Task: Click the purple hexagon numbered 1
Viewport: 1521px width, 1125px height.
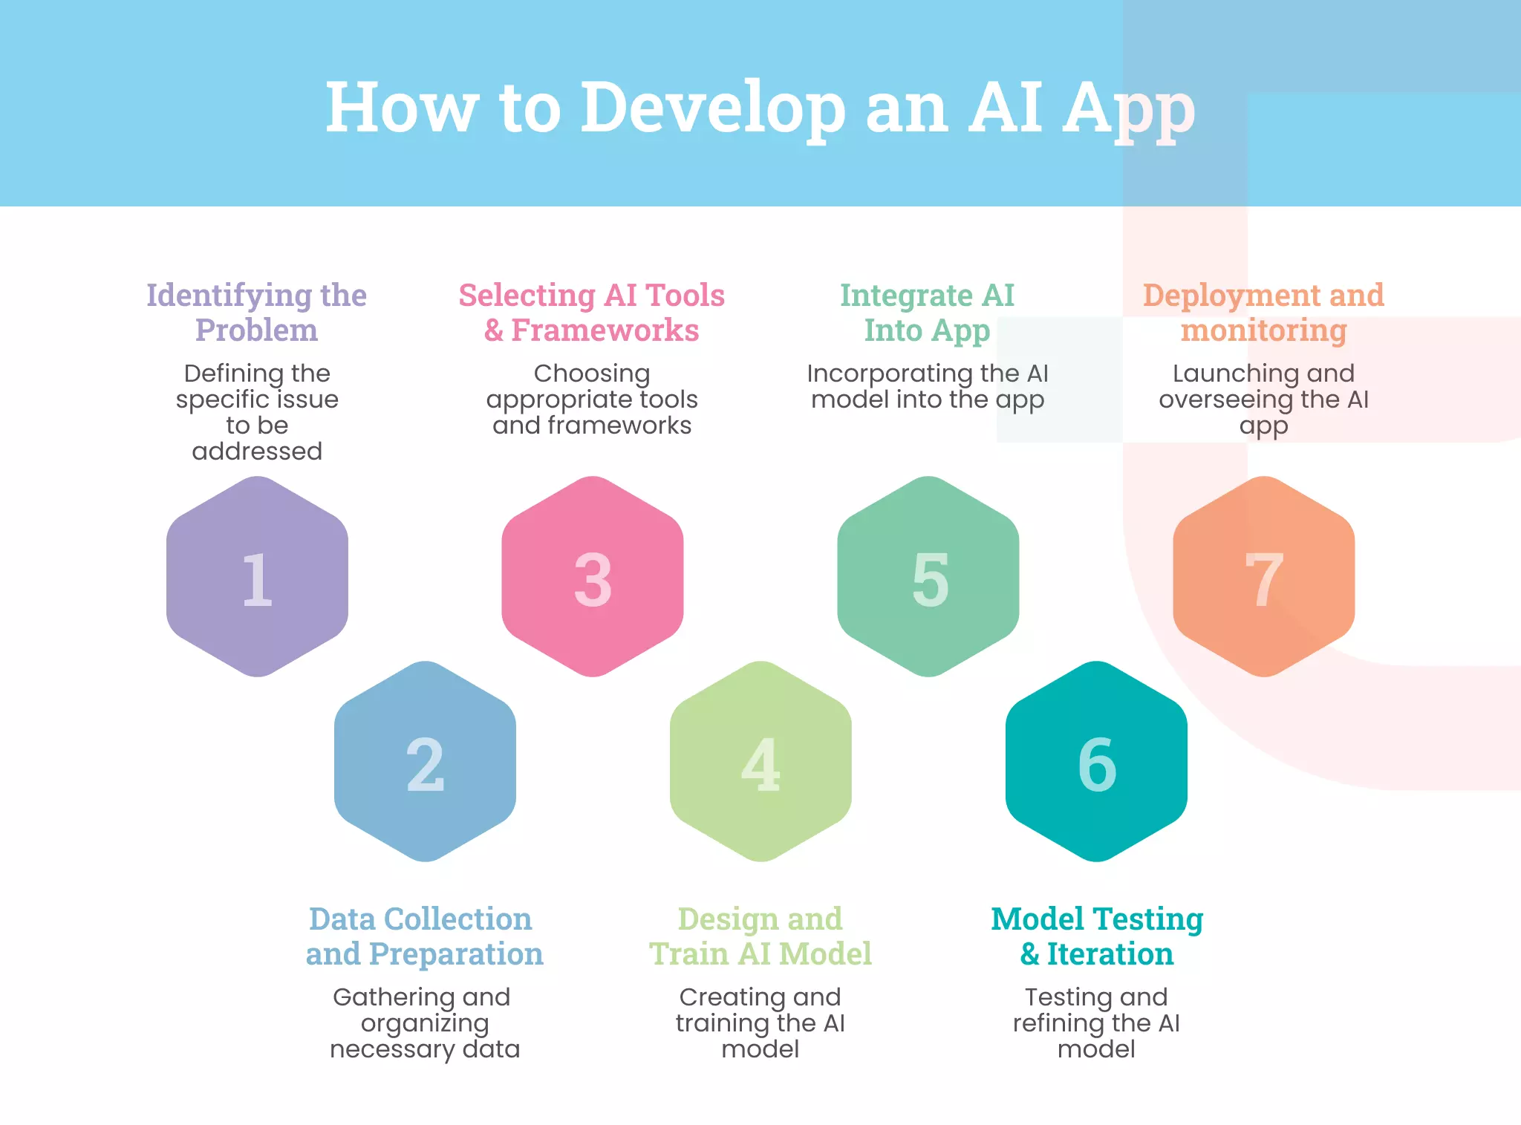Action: click(257, 576)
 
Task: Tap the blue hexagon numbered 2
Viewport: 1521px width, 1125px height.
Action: click(425, 762)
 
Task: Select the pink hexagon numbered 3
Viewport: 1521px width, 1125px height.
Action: click(593, 576)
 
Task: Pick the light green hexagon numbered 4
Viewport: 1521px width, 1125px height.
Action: click(760, 762)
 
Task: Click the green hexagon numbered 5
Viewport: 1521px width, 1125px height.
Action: click(928, 576)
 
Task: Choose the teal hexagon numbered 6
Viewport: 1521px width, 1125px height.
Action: click(1096, 762)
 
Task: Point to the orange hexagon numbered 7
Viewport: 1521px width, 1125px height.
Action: click(1264, 576)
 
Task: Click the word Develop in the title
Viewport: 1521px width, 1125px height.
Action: click(712, 108)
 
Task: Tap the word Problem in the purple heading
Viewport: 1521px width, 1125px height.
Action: click(257, 330)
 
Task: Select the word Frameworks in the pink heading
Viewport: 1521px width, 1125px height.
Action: click(605, 330)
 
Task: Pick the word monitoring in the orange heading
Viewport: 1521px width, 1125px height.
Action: click(1264, 330)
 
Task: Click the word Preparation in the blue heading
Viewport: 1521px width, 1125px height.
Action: click(456, 953)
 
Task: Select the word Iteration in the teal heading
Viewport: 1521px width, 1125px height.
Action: click(1110, 953)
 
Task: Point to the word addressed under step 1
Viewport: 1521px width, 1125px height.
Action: click(257, 451)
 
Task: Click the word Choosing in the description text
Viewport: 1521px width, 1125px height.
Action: click(592, 373)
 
